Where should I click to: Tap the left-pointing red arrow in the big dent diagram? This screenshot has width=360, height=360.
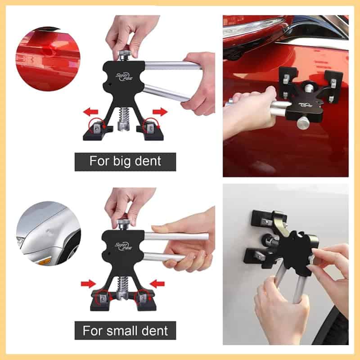[x=90, y=112]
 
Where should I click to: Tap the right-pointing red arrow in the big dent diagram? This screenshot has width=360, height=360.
[x=160, y=112]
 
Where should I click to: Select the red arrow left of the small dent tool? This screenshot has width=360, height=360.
[x=88, y=284]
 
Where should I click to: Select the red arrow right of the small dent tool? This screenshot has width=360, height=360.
[x=157, y=284]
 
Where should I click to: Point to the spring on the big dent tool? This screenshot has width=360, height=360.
[x=124, y=116]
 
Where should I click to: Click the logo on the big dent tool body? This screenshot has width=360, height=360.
[x=124, y=76]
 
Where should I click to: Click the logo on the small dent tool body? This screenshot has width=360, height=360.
[x=123, y=246]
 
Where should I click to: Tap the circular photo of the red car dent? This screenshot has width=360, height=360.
[x=48, y=59]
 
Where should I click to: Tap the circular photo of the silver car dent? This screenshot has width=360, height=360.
[x=49, y=234]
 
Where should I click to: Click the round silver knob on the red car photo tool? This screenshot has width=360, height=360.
[x=303, y=122]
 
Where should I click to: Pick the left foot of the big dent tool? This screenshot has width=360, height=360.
[x=98, y=132]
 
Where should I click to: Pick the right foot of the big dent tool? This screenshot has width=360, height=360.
[x=150, y=132]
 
